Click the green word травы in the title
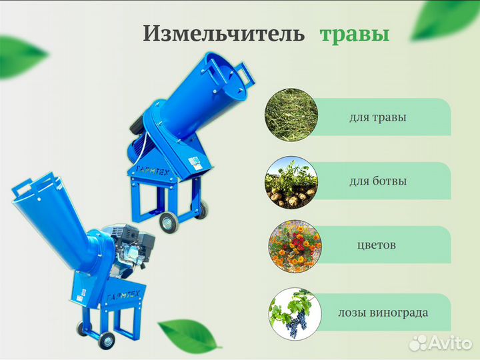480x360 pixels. [x=353, y=34]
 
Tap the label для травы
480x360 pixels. [x=377, y=117]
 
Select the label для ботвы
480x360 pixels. [x=377, y=181]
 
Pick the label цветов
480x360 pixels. [x=377, y=245]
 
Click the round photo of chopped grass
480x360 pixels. [x=291, y=117]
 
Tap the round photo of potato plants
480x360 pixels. [x=291, y=182]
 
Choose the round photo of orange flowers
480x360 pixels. [x=291, y=245]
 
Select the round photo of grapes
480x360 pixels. [x=291, y=311]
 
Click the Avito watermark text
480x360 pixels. [x=448, y=343]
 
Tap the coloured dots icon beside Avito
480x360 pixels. [x=417, y=343]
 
